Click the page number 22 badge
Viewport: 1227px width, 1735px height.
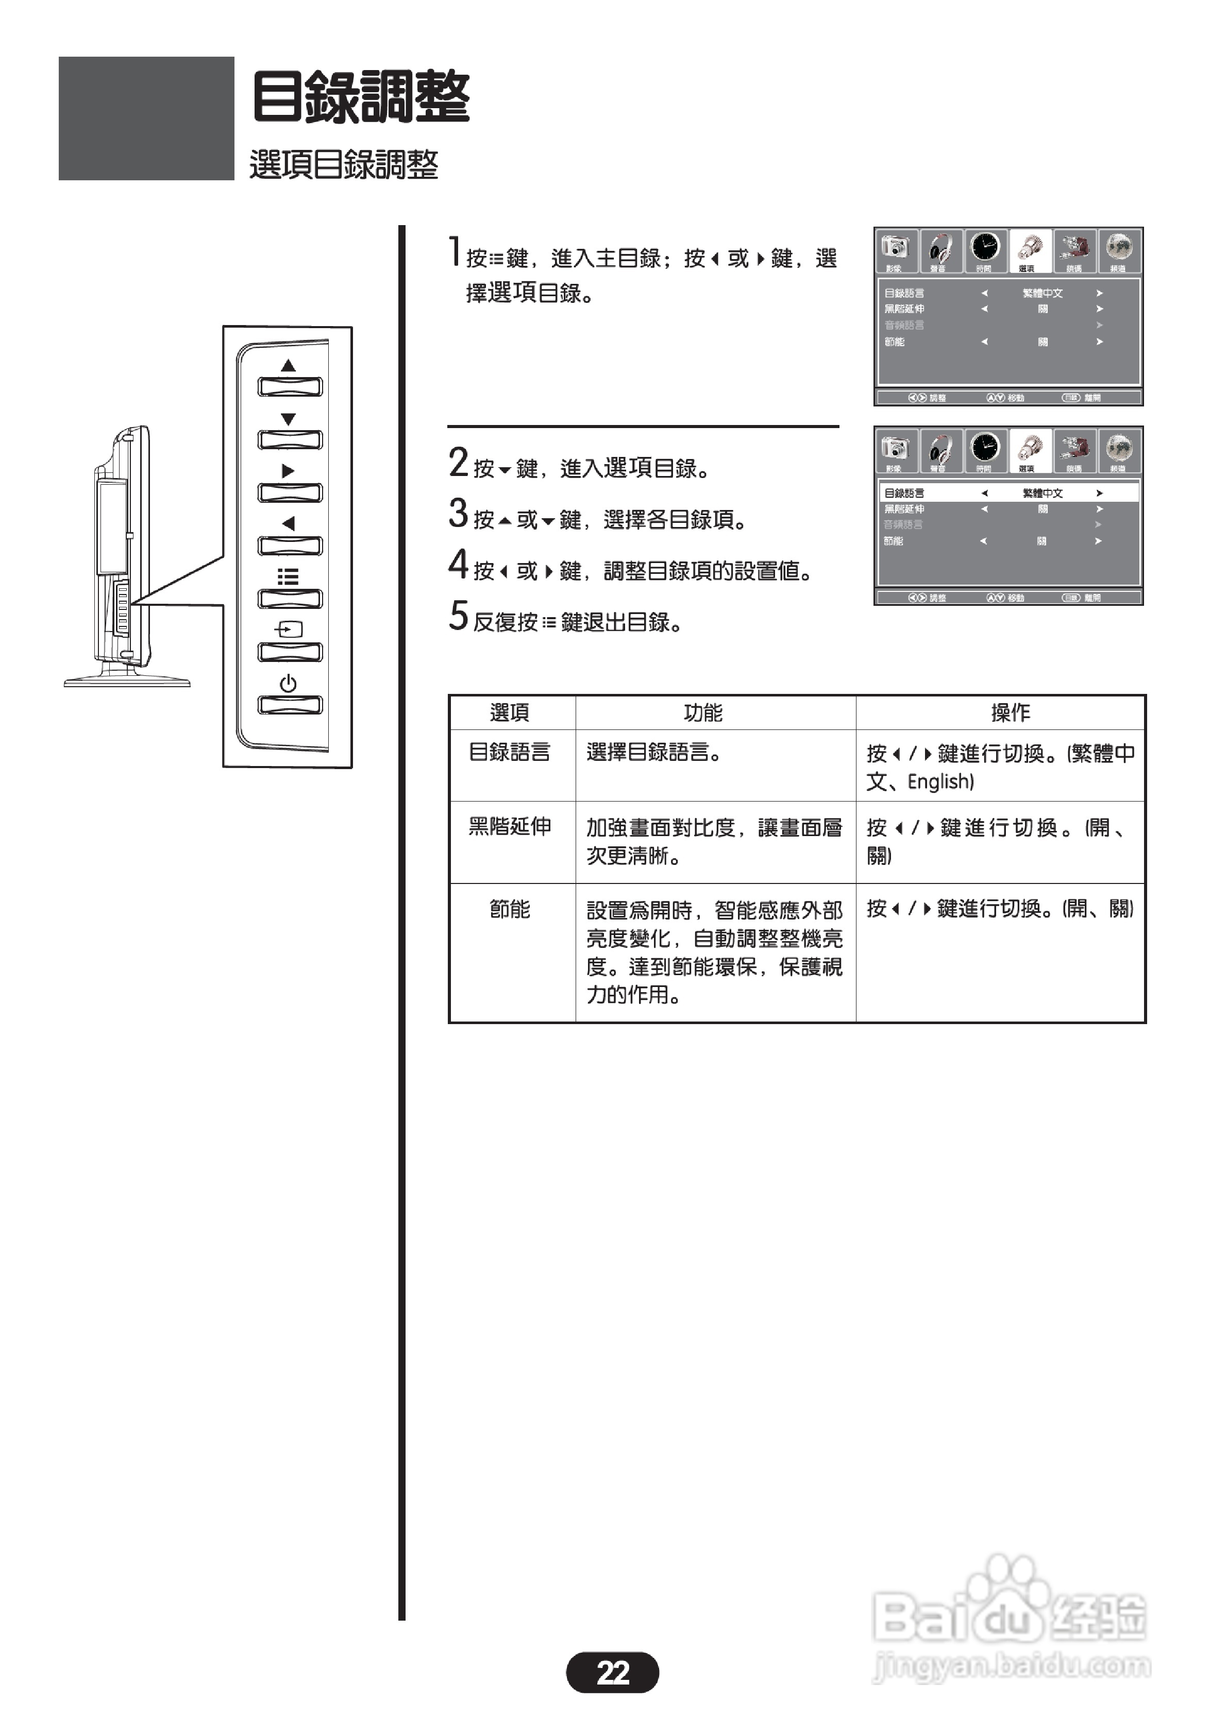(612, 1672)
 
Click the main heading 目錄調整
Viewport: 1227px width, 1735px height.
(361, 97)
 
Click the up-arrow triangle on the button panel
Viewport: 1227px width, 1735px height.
(288, 366)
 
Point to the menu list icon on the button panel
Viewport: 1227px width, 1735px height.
(288, 577)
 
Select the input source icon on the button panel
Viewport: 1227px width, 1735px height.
(288, 630)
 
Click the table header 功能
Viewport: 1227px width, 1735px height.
(703, 712)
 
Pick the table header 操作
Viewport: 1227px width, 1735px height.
(1011, 712)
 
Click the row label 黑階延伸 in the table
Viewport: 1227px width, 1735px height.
(510, 827)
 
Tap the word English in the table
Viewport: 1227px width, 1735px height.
(940, 781)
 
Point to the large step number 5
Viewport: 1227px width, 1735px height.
(458, 616)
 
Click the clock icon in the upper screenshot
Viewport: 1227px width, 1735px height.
(985, 247)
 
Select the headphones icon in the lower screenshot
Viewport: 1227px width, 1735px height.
(940, 448)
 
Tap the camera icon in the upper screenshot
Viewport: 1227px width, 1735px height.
(896, 247)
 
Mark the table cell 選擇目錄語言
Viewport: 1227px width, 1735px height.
(654, 752)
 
